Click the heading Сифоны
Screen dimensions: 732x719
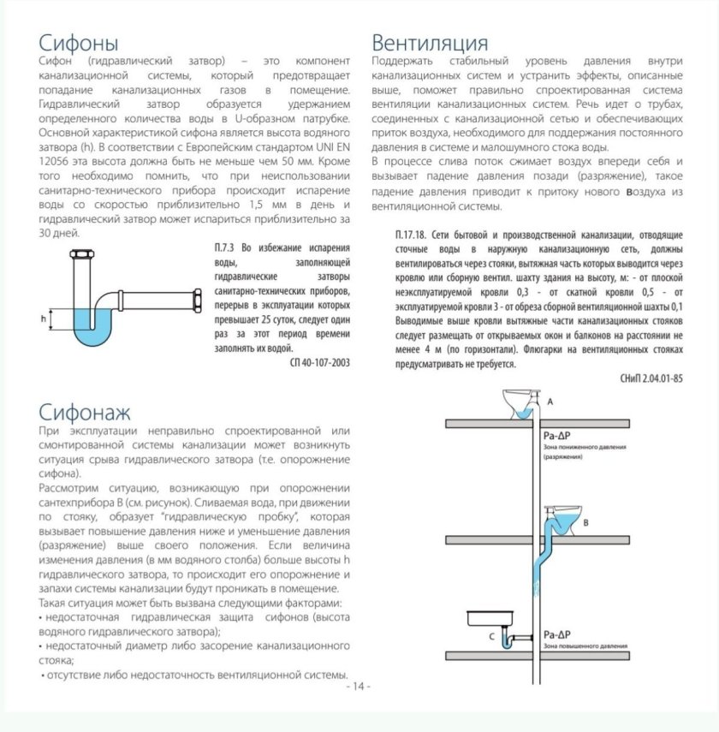click(x=79, y=43)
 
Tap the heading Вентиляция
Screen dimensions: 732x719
click(x=431, y=43)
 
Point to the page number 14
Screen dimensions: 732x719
click(x=358, y=687)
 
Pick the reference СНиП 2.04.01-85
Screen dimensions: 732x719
click(x=648, y=378)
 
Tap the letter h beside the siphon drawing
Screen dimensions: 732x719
click(x=43, y=318)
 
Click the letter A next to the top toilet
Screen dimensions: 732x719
click(x=550, y=401)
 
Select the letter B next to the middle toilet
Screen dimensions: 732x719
click(x=585, y=520)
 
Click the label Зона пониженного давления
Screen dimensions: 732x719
click(x=585, y=447)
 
